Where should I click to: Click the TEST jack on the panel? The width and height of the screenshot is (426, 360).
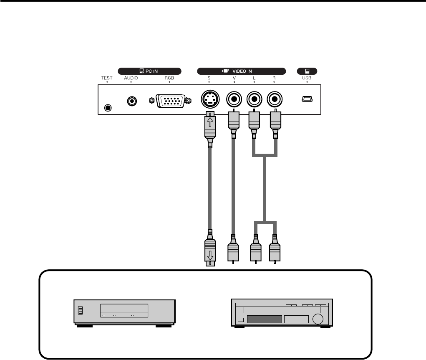(108, 107)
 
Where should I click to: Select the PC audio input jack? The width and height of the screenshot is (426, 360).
(132, 101)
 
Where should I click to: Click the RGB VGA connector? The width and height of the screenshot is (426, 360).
(169, 101)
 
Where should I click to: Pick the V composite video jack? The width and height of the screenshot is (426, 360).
(234, 100)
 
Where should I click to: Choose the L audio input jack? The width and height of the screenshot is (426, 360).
(254, 100)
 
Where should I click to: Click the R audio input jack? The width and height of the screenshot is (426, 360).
(275, 100)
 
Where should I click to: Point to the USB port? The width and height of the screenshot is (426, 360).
(307, 99)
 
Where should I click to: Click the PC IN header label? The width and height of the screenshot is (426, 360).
(149, 71)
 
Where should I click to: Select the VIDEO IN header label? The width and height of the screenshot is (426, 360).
(241, 71)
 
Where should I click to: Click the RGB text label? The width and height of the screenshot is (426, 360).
(169, 78)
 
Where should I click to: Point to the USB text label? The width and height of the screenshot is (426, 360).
(307, 78)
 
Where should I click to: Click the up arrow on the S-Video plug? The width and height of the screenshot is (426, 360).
(209, 122)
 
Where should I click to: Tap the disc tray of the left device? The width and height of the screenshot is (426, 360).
(124, 309)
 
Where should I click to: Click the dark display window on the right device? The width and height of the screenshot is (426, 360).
(264, 320)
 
